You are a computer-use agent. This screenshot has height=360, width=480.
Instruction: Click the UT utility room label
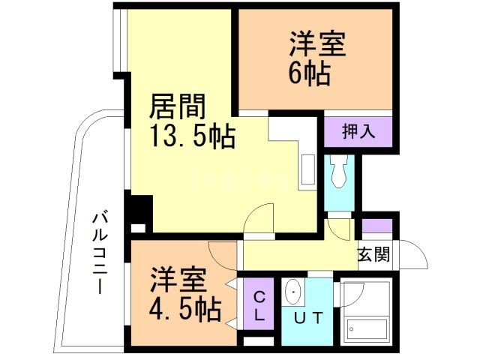pyautogui.click(x=309, y=318)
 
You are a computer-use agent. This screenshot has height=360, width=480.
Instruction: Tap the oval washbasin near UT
pyautogui.click(x=292, y=292)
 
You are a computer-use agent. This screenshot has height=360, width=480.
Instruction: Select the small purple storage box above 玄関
pyautogui.click(x=373, y=226)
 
